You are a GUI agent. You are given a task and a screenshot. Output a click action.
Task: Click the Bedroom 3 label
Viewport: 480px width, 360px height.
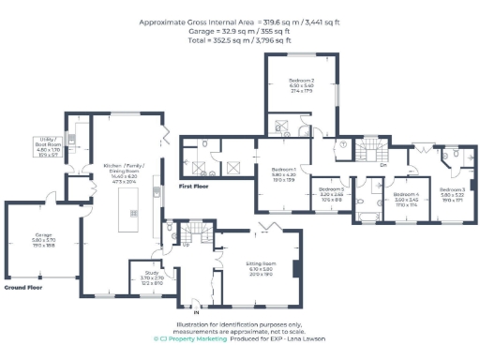(451, 194)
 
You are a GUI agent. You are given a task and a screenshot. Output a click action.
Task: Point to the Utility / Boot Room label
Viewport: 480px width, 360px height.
(47, 145)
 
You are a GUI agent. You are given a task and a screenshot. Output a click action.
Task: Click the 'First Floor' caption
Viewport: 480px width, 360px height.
(193, 187)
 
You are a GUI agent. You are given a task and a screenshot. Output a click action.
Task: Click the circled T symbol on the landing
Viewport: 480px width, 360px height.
(343, 144)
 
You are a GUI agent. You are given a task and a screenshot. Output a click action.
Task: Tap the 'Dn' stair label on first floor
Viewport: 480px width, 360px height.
(383, 164)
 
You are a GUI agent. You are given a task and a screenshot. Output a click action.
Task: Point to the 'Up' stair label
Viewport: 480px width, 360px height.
(186, 246)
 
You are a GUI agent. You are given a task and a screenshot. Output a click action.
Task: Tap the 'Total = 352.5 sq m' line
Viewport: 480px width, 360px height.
(240, 41)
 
